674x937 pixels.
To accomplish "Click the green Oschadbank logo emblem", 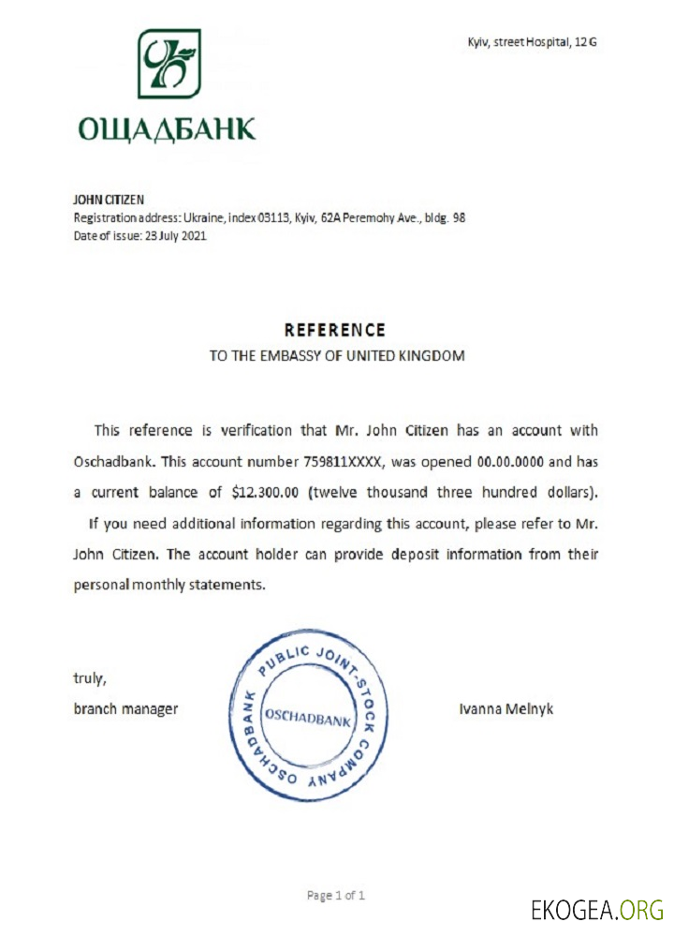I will click(168, 64).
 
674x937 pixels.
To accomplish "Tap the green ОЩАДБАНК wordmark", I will click(166, 127).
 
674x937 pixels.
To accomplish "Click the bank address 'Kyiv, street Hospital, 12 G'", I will click(532, 42).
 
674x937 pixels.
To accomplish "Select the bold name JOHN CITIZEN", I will click(107, 200).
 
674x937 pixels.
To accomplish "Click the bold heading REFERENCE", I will click(334, 330).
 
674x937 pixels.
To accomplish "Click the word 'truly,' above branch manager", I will click(91, 677).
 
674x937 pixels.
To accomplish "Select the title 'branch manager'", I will click(125, 708).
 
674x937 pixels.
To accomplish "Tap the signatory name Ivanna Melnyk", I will click(506, 708).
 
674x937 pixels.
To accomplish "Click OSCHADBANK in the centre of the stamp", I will click(308, 719).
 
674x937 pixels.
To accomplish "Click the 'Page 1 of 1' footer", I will click(336, 895).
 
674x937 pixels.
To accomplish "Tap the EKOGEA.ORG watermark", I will click(597, 909).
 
